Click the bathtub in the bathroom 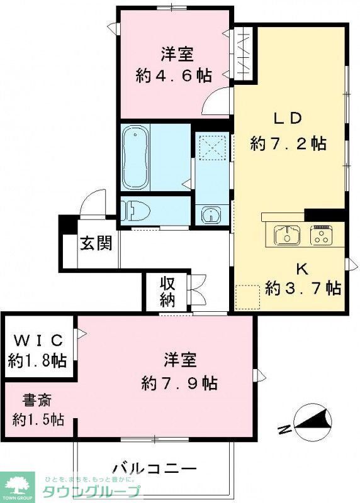click(135, 158)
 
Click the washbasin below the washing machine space click(210, 215)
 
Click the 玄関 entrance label click(96, 243)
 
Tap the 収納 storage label click(167, 291)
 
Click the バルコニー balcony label click(155, 468)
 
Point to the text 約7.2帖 click(288, 143)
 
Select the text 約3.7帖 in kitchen click(303, 289)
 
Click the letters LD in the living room click(288, 118)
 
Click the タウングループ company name click(91, 491)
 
